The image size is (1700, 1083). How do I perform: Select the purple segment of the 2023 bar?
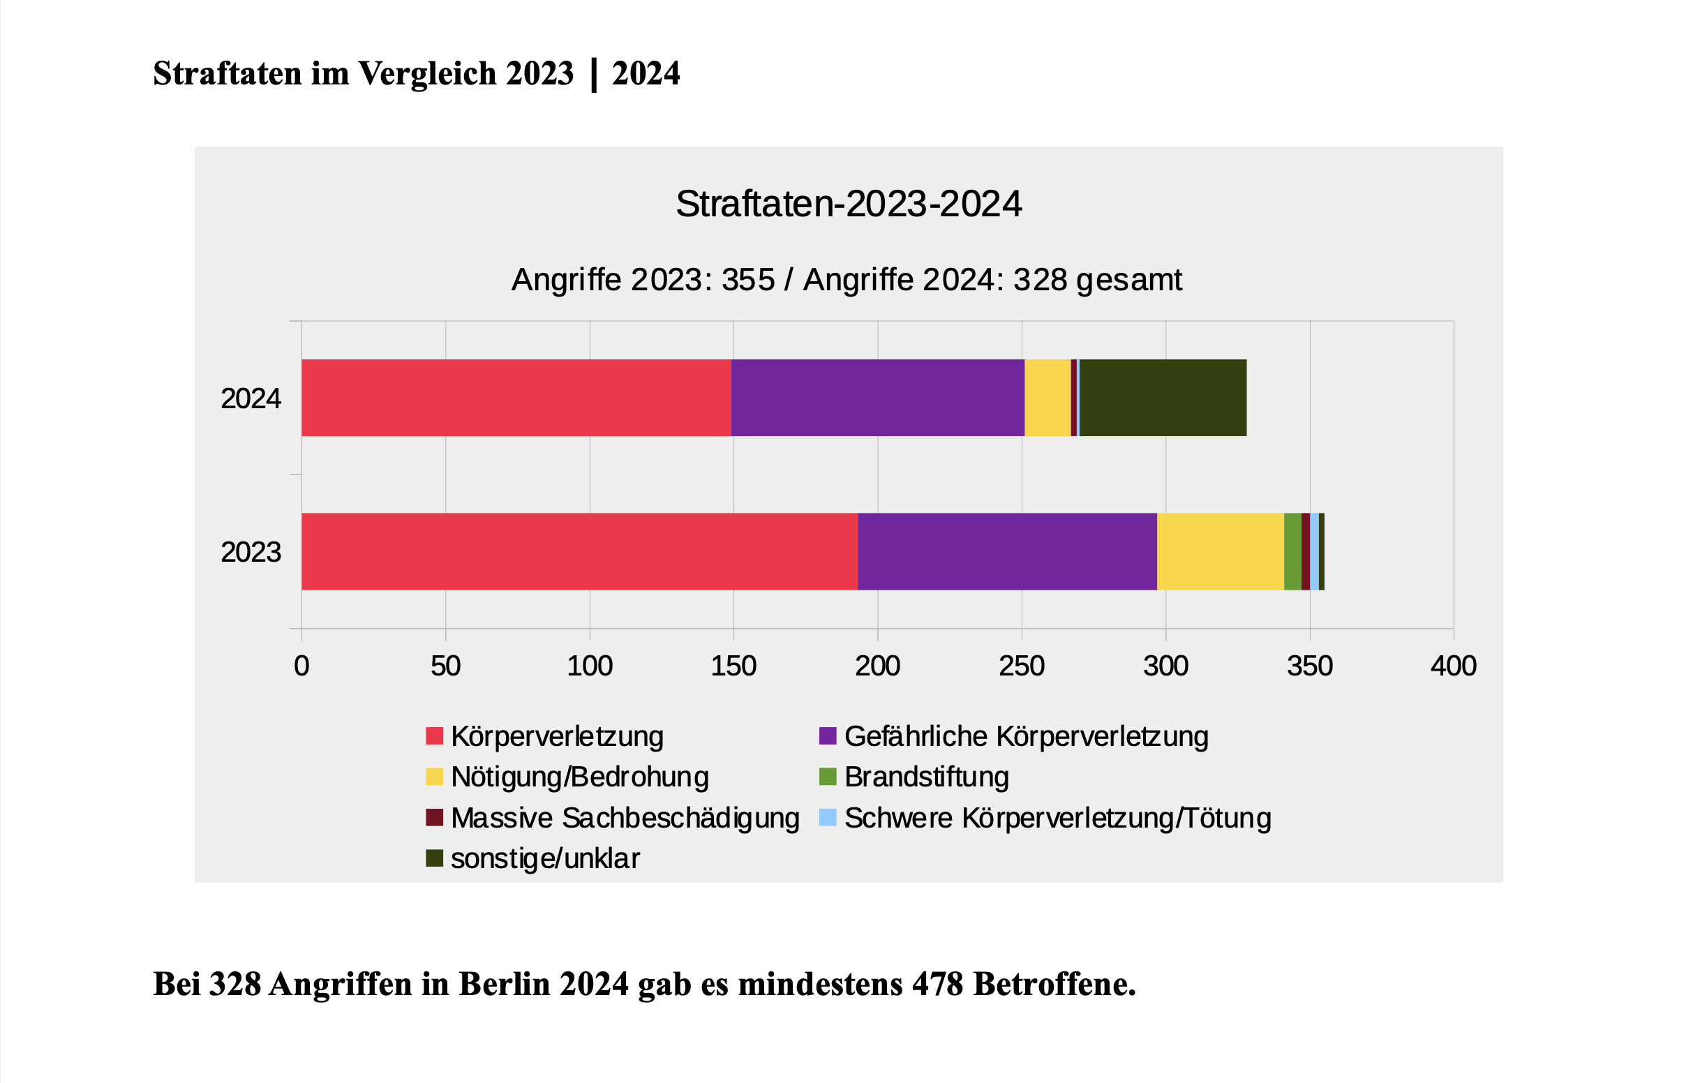[1008, 551]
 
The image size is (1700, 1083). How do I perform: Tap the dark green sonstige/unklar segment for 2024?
[1163, 398]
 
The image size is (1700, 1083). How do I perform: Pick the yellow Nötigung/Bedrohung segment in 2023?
[1221, 551]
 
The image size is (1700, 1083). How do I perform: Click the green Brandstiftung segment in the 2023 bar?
[1292, 551]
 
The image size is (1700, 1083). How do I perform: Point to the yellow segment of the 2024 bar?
[1047, 398]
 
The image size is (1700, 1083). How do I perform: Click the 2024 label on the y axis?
[251, 399]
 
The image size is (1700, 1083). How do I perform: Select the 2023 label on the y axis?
[251, 552]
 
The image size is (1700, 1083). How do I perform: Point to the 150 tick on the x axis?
[733, 666]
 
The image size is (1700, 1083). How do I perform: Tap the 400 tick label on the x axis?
[1454, 666]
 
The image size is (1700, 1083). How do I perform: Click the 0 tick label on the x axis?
[301, 666]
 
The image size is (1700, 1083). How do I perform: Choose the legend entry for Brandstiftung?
[926, 777]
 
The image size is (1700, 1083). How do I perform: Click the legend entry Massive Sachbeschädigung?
[625, 819]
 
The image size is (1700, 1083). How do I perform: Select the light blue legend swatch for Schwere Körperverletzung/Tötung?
[828, 818]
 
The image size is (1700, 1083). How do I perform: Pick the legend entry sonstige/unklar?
[545, 858]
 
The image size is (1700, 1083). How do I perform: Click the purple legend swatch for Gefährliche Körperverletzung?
[828, 735]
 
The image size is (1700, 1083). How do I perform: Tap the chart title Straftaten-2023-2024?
[849, 204]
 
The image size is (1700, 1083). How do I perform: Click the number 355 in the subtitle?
[748, 281]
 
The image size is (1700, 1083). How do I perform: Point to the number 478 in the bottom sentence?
[937, 984]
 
